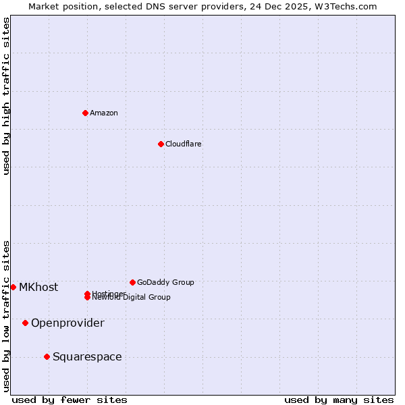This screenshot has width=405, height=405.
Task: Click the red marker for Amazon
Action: (x=85, y=113)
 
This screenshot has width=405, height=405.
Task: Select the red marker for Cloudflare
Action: (x=161, y=144)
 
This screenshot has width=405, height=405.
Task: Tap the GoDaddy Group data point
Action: (x=132, y=282)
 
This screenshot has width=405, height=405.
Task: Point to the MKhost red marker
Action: (x=13, y=287)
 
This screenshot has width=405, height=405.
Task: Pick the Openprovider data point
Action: (x=25, y=323)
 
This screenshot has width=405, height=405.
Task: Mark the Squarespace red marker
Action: (x=47, y=356)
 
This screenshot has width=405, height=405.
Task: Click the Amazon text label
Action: (x=104, y=113)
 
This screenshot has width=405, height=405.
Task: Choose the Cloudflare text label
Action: (x=184, y=144)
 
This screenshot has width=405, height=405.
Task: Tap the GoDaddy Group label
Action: (x=165, y=282)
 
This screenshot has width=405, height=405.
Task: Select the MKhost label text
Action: (x=38, y=287)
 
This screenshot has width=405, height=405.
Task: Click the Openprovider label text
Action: (x=67, y=323)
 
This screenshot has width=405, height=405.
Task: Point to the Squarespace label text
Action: (x=87, y=356)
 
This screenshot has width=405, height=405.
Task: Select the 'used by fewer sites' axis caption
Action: (x=70, y=400)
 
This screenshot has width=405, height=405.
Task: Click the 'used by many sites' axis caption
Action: (x=339, y=400)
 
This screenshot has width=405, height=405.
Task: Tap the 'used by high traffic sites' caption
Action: (x=7, y=96)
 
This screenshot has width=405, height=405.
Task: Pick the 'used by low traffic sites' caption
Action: (x=7, y=316)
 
